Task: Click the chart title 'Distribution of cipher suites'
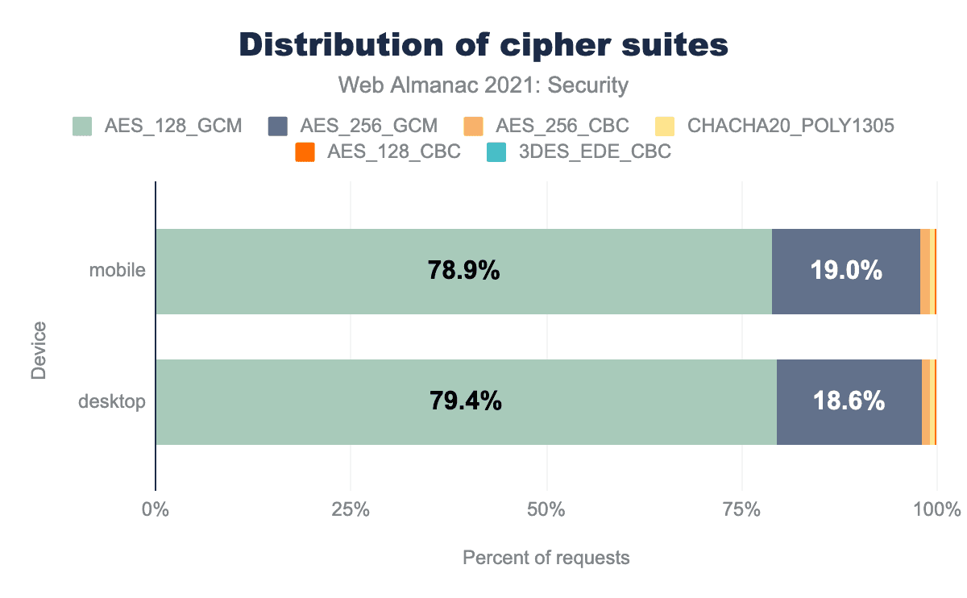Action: tap(483, 45)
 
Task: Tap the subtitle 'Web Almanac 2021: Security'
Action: tap(483, 85)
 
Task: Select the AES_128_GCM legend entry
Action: tap(158, 126)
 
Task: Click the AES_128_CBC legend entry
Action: tap(378, 152)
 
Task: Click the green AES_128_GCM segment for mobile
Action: tap(322, 272)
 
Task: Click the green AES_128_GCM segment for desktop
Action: tap(322, 401)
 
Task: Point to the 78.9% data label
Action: tap(463, 272)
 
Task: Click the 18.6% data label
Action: tap(849, 401)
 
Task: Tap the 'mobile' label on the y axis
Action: tap(118, 270)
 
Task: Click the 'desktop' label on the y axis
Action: tap(112, 401)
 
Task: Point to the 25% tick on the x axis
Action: tap(351, 510)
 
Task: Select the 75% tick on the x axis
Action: tap(742, 510)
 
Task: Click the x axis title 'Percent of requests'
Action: tap(546, 558)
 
